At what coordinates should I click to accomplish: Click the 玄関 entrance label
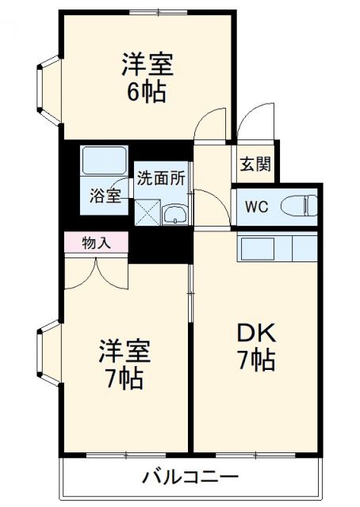pyautogui.click(x=255, y=165)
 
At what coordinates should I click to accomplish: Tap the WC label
pyautogui.click(x=255, y=208)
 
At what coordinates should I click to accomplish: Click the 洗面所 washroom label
pyautogui.click(x=161, y=178)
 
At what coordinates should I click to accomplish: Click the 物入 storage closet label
pyautogui.click(x=97, y=243)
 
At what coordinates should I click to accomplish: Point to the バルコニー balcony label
pyautogui.click(x=190, y=477)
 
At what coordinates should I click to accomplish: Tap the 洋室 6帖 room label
pyautogui.click(x=147, y=77)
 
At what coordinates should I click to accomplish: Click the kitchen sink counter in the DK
pyautogui.click(x=278, y=249)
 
